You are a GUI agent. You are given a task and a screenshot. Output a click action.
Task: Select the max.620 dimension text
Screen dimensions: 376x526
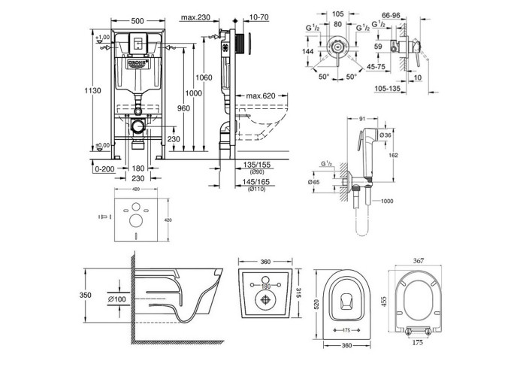[261, 96]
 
